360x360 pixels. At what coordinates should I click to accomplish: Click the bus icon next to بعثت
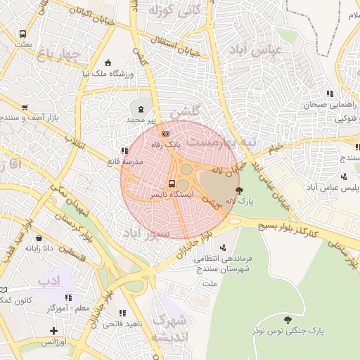[23, 34]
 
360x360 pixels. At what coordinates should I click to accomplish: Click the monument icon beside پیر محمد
[140, 109]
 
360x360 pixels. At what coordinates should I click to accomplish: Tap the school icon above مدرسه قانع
[124, 150]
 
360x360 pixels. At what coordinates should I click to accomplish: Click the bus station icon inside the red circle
[172, 184]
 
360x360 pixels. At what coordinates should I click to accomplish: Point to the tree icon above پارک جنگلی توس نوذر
[286, 319]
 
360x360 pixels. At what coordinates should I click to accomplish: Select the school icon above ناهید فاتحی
[122, 314]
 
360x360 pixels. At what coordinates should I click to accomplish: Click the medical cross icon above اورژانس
[54, 330]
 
